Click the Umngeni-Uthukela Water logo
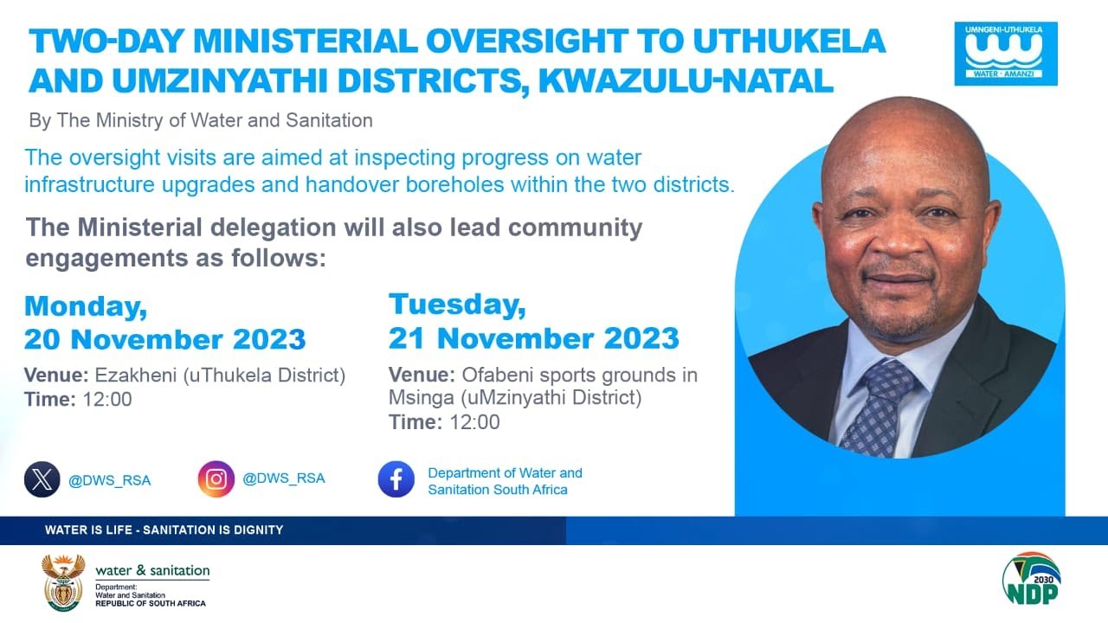click(x=1005, y=54)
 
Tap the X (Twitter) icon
click(x=42, y=479)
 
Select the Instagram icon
click(x=216, y=478)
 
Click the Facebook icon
click(x=396, y=479)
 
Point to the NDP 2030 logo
click(x=1031, y=579)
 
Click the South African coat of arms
click(x=63, y=582)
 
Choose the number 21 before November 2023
click(x=406, y=337)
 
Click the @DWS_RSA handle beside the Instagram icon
click(x=284, y=478)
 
